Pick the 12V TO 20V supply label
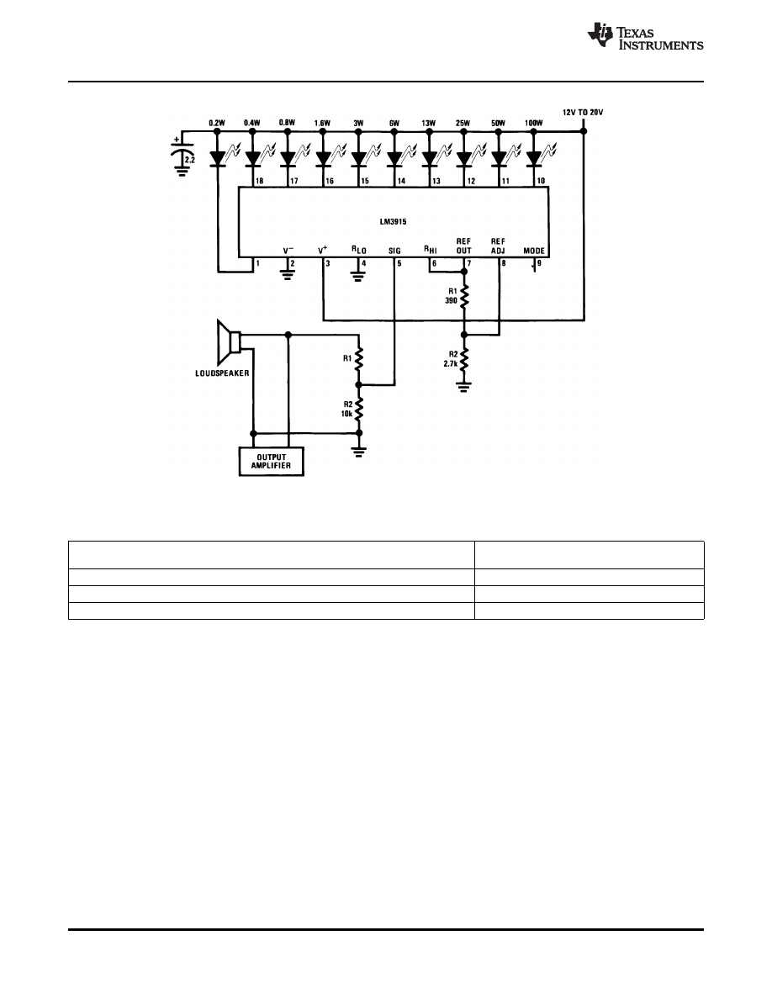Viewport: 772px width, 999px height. pos(583,112)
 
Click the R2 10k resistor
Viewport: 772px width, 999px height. pos(359,410)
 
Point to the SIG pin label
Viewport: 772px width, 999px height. pos(395,251)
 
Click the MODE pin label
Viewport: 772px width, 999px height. pos(534,251)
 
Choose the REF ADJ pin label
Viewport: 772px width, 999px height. pos(500,246)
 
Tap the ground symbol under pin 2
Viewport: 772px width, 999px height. pos(288,277)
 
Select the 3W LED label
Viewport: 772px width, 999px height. pos(358,124)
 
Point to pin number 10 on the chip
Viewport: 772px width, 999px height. pos(541,182)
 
